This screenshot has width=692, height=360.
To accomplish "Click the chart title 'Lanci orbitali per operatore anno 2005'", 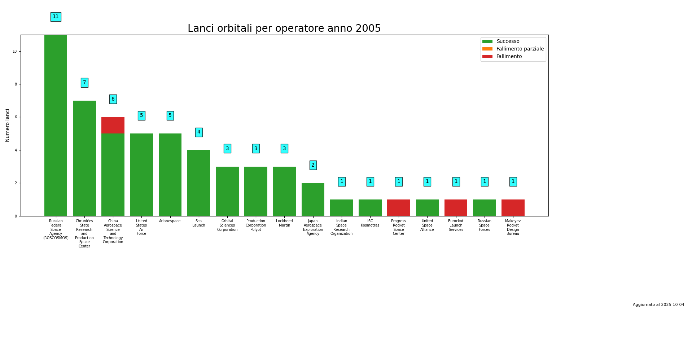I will click(284, 28).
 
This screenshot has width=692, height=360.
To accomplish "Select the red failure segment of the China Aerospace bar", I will click(113, 125).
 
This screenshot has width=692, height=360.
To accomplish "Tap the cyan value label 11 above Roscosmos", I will click(56, 17).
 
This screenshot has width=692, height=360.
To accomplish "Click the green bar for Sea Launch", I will click(198, 183).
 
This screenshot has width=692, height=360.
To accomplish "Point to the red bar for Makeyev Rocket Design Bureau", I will click(513, 208).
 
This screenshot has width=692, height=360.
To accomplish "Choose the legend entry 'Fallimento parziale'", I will click(520, 49).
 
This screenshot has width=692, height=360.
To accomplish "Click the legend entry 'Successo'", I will click(508, 41).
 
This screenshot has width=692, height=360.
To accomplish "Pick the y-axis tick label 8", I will click(16, 84).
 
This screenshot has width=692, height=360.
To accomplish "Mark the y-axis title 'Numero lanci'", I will click(8, 125).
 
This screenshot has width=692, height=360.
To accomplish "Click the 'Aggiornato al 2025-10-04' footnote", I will click(658, 305).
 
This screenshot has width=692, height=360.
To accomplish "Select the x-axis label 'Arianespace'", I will click(170, 221).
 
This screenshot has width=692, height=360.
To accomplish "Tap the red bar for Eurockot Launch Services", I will click(456, 208).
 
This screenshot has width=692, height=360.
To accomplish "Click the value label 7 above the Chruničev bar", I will click(84, 83).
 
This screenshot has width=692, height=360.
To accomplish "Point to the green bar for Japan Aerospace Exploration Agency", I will click(313, 199).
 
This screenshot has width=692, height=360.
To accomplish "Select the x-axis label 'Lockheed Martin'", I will click(284, 223).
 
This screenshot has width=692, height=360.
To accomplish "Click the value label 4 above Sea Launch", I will click(199, 132).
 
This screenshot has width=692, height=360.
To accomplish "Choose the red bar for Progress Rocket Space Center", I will click(399, 208).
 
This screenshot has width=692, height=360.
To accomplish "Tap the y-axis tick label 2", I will click(16, 183).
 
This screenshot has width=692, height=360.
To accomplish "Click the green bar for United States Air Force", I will click(141, 175).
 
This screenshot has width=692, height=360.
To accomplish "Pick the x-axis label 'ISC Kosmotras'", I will click(370, 223).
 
